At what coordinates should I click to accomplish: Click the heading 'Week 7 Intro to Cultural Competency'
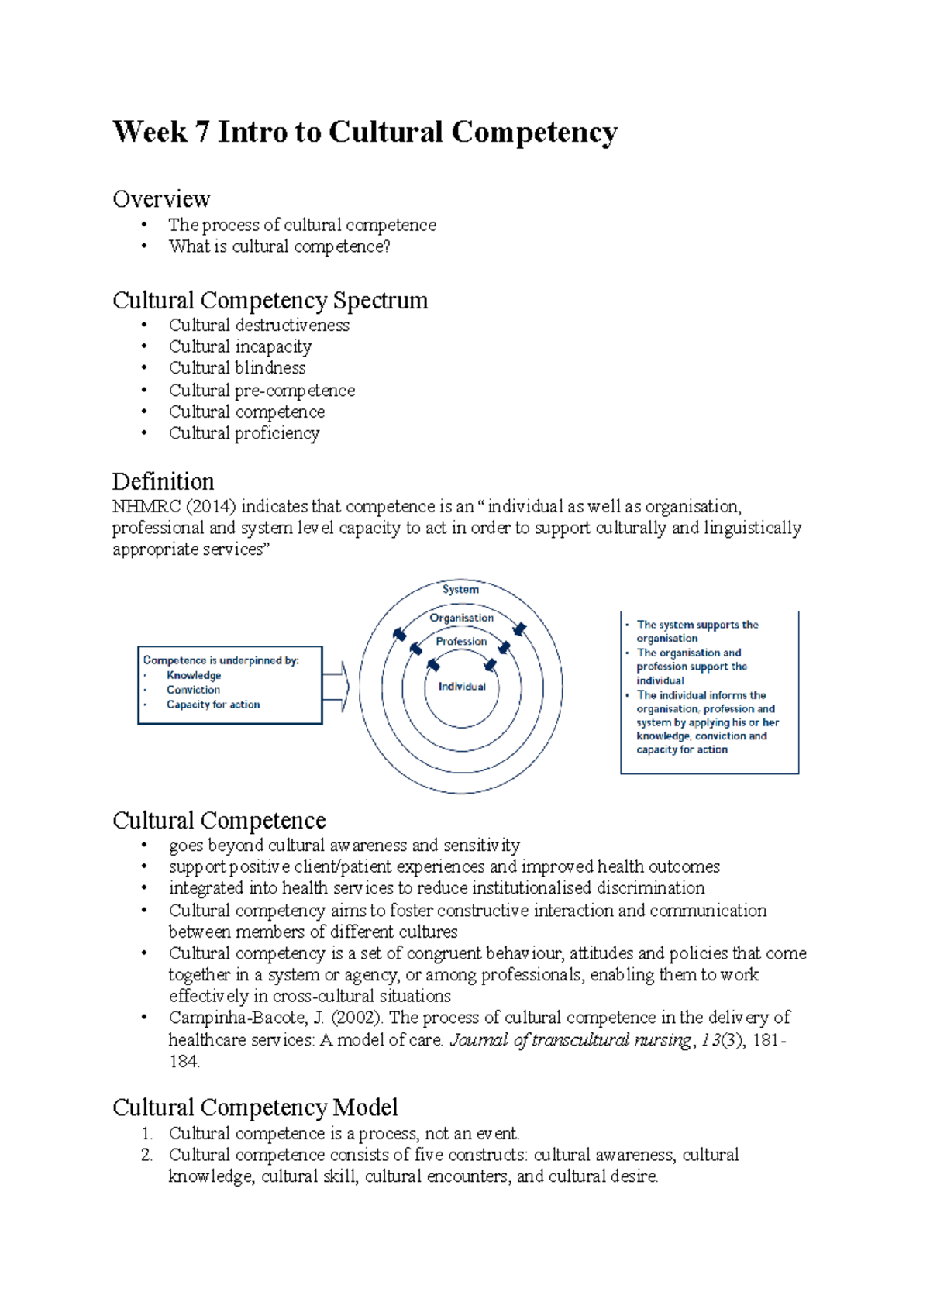coord(365,132)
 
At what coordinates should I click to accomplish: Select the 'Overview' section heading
coord(161,199)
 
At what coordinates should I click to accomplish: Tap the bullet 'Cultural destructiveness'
coord(259,325)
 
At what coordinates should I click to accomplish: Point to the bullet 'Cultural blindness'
coord(237,367)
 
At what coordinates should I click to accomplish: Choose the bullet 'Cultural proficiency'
coord(244,433)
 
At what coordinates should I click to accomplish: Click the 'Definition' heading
coord(163,481)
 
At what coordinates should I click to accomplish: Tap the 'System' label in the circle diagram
coord(460,589)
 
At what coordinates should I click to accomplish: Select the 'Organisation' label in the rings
coord(461,618)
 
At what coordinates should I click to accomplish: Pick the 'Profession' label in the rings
coord(461,641)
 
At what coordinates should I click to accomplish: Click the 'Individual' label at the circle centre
coord(462,687)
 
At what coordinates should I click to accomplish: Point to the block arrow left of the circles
coord(336,687)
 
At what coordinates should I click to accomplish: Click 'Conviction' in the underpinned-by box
coord(193,690)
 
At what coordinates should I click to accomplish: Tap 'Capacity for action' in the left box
coord(213,705)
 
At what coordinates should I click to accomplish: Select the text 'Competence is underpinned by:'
coord(221,660)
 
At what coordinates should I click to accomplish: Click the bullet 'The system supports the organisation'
coord(696,631)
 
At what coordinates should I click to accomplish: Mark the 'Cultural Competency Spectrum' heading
coord(270,300)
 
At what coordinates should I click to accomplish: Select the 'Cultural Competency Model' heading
coord(255,1108)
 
